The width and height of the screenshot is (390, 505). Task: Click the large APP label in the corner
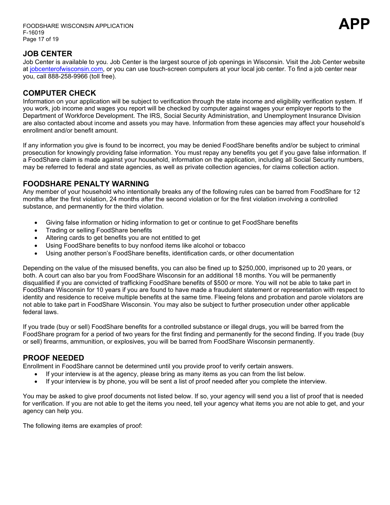click(x=354, y=24)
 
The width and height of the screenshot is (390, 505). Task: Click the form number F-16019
click(x=34, y=32)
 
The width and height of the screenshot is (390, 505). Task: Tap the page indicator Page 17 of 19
click(x=41, y=39)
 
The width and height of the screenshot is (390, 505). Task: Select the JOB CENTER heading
click(x=48, y=54)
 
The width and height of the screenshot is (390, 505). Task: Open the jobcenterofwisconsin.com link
click(x=67, y=69)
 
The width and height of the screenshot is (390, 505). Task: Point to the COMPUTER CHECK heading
click(x=60, y=93)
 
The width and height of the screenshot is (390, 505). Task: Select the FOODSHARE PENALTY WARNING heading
click(x=86, y=184)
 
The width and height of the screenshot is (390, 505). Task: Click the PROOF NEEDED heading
click(x=53, y=358)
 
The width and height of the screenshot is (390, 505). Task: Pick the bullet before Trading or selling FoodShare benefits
click(x=37, y=231)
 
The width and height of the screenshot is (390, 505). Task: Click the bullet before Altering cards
click(x=37, y=238)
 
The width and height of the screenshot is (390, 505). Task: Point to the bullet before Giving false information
click(x=37, y=223)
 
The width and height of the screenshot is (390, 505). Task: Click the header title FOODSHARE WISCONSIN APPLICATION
click(x=78, y=26)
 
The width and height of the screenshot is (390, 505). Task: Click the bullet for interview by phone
click(x=37, y=382)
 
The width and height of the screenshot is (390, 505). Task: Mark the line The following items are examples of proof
click(x=83, y=426)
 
